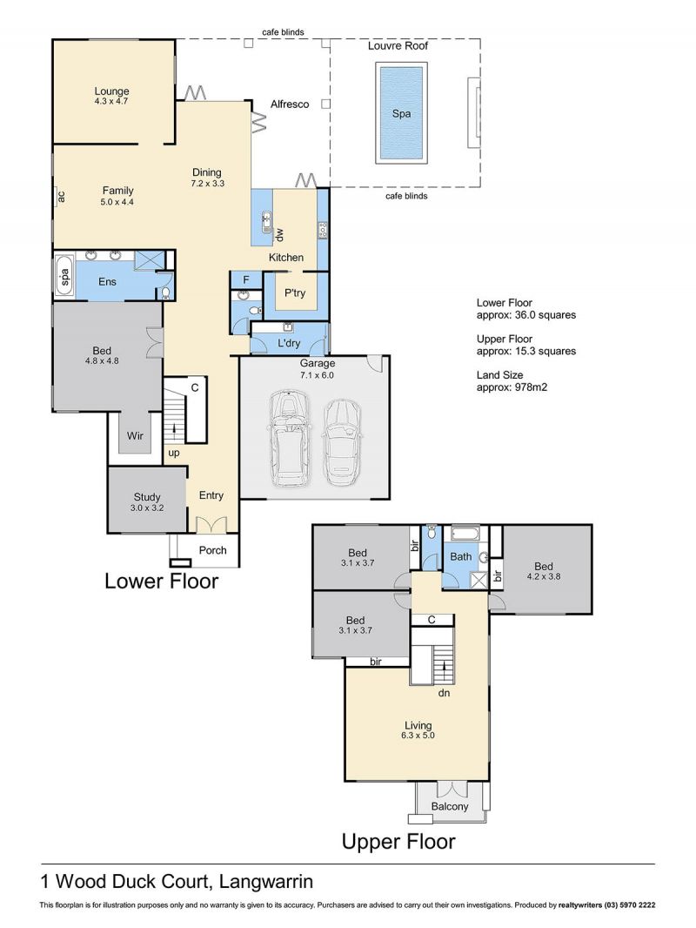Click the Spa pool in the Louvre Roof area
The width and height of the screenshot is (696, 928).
(x=401, y=114)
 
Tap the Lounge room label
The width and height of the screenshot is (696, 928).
(x=111, y=91)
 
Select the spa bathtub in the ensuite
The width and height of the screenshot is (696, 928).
(x=65, y=276)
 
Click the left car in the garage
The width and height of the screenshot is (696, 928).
(x=289, y=439)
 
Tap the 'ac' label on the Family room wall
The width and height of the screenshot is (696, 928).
(x=60, y=196)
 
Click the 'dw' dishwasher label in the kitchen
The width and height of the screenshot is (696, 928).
(x=279, y=234)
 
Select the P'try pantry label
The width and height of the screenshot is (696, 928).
(x=294, y=293)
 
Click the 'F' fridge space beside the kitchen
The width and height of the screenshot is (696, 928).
(x=246, y=280)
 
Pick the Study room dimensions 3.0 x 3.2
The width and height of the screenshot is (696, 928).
(x=147, y=508)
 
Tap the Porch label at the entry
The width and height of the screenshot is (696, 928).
(x=213, y=550)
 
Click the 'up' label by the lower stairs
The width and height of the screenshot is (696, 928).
(x=174, y=454)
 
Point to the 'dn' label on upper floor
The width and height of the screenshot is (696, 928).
(x=444, y=692)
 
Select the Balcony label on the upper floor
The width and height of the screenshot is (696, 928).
(x=450, y=806)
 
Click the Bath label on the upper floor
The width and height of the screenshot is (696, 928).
(x=460, y=556)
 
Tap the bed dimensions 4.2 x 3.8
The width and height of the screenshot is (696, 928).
(x=544, y=575)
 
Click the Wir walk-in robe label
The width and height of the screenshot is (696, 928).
(x=135, y=435)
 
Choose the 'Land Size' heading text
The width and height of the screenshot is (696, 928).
(x=499, y=374)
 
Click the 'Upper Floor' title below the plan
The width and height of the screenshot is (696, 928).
(x=398, y=841)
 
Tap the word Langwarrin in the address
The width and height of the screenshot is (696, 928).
(x=266, y=882)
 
